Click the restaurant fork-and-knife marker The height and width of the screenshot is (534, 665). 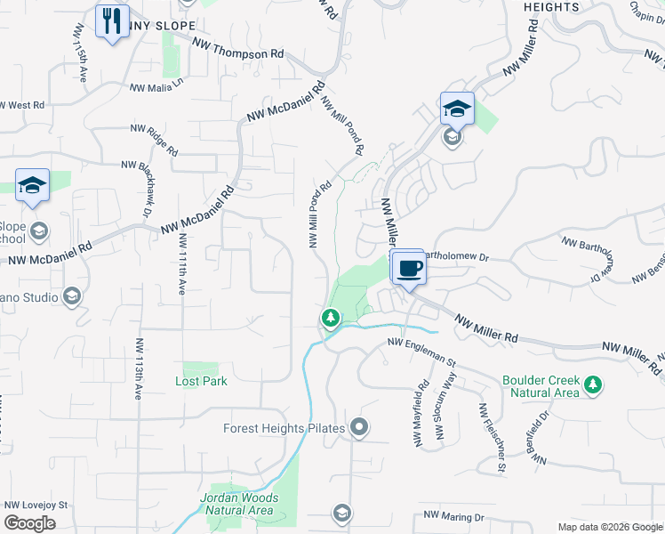point(112,21)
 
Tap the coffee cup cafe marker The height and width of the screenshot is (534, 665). point(409,267)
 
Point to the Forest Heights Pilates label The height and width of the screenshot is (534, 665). point(283,429)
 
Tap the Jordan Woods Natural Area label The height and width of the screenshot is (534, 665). point(239,505)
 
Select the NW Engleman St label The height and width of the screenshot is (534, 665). point(421,354)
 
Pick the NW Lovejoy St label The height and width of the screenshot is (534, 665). point(36,505)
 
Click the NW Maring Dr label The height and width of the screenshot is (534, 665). point(453,516)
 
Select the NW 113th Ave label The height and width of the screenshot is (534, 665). point(140,368)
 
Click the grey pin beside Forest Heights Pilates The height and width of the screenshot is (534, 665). point(359,429)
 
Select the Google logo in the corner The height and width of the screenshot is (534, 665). point(29,523)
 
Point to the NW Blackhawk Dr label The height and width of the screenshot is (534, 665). point(145,191)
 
